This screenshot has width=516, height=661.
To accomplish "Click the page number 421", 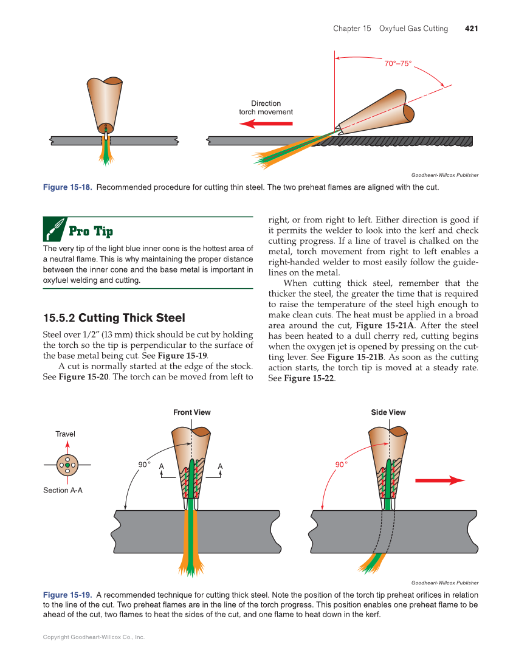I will tap(471, 29).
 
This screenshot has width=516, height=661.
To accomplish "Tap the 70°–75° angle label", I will tap(398, 63).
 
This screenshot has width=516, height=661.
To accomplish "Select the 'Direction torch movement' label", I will tap(266, 108).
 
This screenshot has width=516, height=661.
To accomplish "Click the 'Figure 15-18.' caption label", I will tap(67, 187).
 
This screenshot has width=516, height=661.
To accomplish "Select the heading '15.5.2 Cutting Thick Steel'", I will tap(114, 318).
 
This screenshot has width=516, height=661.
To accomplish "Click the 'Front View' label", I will tap(191, 412).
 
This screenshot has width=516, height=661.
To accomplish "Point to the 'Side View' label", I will tap(388, 412).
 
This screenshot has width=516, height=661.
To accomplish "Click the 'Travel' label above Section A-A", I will tap(65, 434).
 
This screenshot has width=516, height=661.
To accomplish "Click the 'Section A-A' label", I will tap(63, 490).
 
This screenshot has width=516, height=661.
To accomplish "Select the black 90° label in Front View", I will tap(144, 465).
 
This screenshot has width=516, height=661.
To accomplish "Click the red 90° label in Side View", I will tap(342, 465).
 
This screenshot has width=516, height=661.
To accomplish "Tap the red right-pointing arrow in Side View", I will tap(439, 480).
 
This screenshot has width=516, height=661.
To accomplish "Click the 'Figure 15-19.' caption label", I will tap(67, 595).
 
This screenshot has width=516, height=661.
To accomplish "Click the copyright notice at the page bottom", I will tap(94, 637).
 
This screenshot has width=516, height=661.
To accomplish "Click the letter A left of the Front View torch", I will tap(162, 467).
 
